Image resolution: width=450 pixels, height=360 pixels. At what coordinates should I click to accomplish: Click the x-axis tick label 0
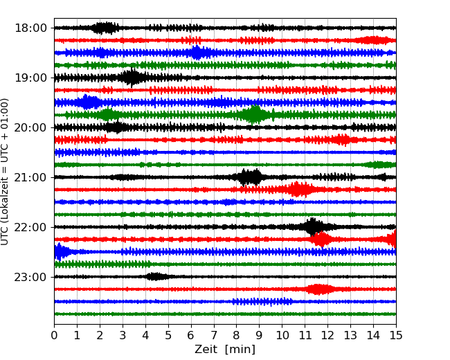click(x=54, y=336)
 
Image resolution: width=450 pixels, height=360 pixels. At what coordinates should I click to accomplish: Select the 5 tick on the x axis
click(x=168, y=336)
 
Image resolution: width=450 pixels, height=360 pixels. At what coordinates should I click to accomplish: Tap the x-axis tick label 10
click(x=282, y=336)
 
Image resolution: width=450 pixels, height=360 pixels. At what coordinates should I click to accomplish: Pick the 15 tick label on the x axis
click(x=396, y=336)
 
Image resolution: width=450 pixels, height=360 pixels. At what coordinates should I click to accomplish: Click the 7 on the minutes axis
click(x=214, y=336)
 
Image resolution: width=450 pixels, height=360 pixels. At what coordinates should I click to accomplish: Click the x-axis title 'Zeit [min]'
click(x=225, y=350)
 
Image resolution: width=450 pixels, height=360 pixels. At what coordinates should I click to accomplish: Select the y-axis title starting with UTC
click(x=6, y=171)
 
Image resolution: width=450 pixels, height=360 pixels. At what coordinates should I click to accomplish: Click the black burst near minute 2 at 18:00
click(x=105, y=28)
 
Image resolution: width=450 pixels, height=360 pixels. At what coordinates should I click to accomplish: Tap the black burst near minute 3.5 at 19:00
click(x=132, y=78)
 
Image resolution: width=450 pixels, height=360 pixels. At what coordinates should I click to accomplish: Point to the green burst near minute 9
click(x=255, y=115)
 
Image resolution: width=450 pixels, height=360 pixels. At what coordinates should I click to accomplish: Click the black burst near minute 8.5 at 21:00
click(x=250, y=177)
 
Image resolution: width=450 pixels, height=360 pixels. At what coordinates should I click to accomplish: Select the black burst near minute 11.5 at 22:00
click(x=313, y=226)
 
